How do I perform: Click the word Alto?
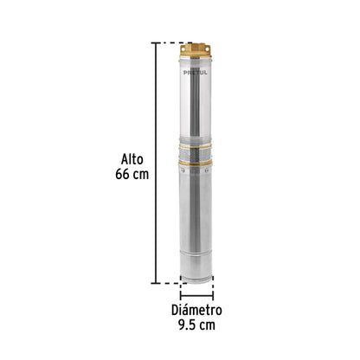[132, 159]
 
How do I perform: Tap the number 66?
[123, 174]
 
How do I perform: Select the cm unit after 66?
[141, 175]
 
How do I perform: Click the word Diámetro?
[196, 310]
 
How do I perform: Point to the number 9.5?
[187, 325]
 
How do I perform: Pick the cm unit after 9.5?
[208, 325]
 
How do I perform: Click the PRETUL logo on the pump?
[196, 73]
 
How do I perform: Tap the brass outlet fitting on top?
[196, 50]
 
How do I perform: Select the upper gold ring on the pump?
[195, 146]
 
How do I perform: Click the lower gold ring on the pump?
[196, 163]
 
